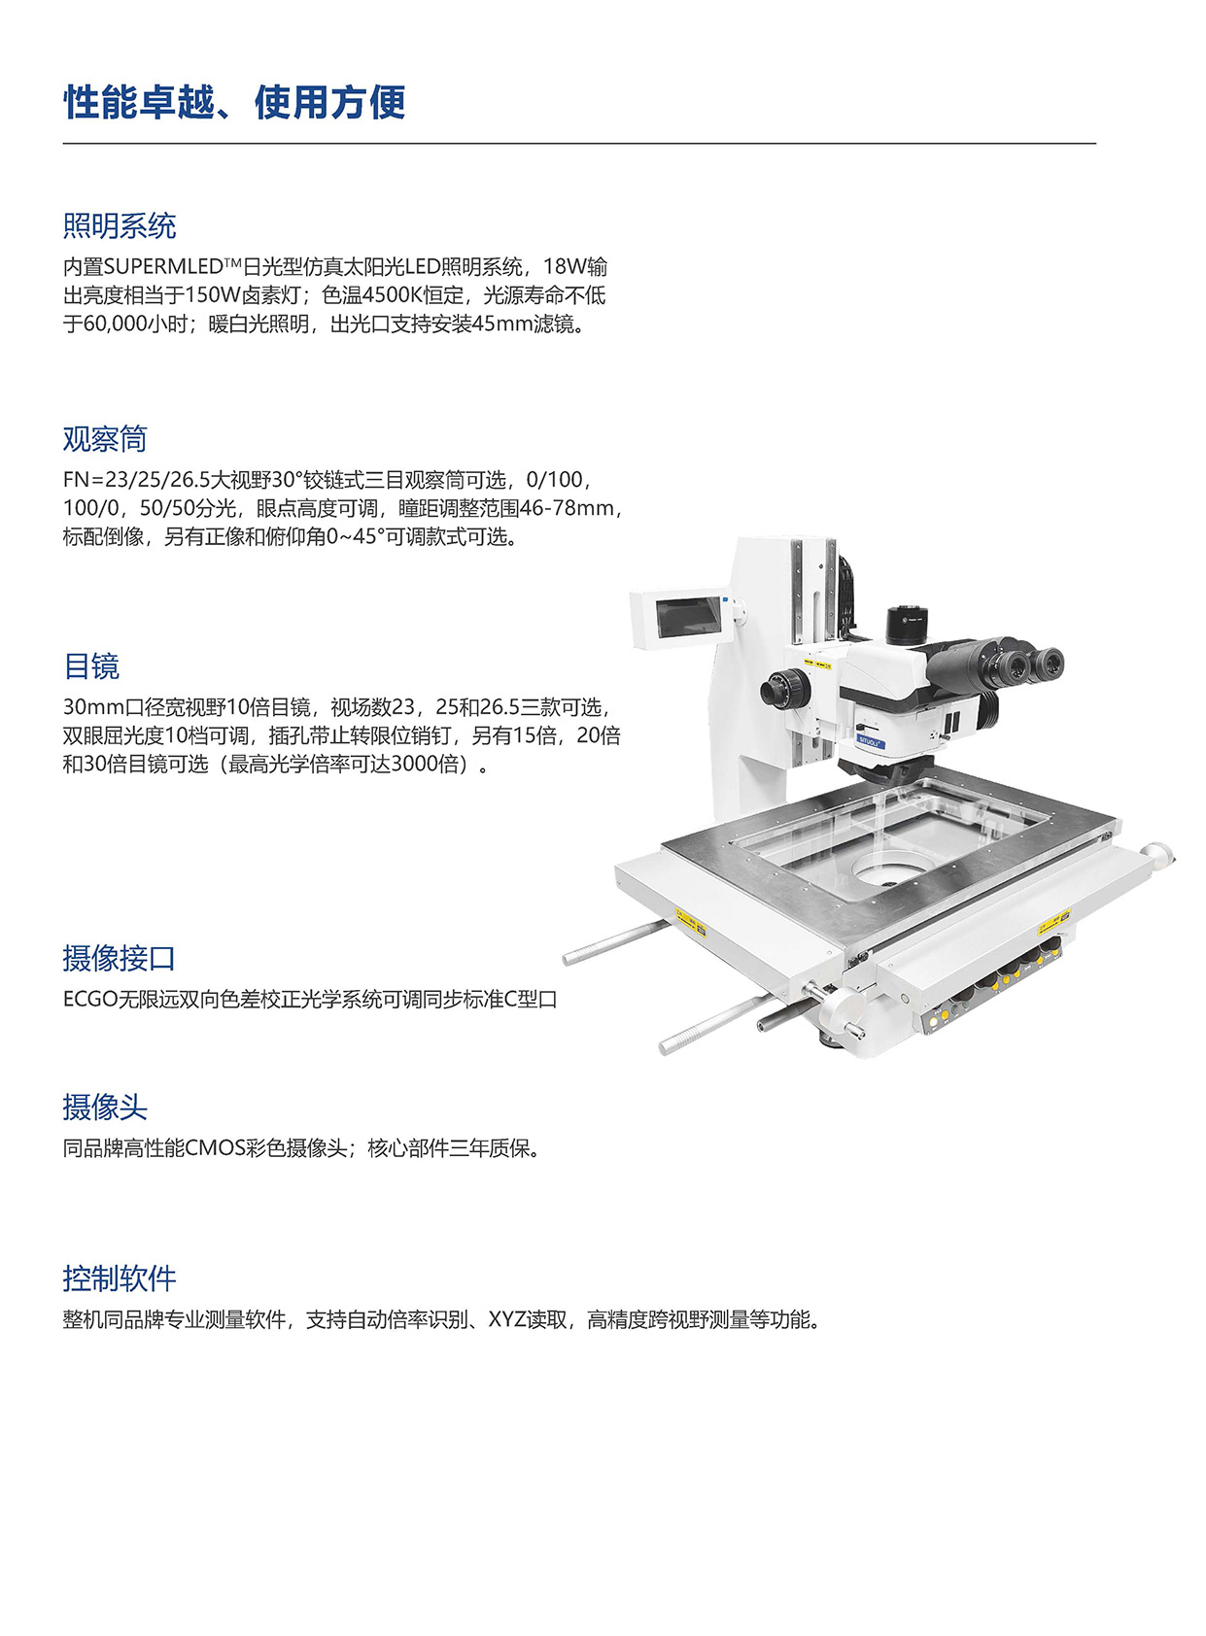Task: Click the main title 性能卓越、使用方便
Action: [x=234, y=103]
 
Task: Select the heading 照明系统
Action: [x=119, y=226]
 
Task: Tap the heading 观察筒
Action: [x=104, y=439]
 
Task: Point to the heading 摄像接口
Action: [x=119, y=958]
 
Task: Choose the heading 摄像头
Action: [x=104, y=1107]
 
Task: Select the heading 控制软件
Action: [x=119, y=1278]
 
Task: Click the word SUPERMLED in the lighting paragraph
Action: [x=162, y=267]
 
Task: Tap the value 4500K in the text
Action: [x=393, y=295]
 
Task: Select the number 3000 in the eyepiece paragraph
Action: [x=414, y=765]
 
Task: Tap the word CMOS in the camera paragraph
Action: [x=214, y=1148]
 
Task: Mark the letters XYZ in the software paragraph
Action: [x=506, y=1320]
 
